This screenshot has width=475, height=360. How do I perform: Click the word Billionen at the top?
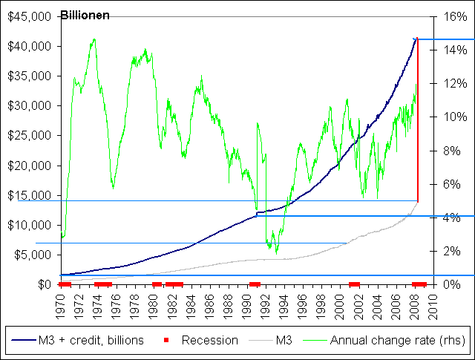tap(85, 16)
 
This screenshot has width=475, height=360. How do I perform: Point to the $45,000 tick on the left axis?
tap(27, 16)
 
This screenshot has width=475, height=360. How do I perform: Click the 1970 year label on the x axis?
tap(62, 306)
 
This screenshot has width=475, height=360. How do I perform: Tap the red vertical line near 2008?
tap(418, 119)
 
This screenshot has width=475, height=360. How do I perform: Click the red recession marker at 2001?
tap(354, 284)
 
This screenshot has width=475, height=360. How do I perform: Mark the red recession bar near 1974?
tap(102, 284)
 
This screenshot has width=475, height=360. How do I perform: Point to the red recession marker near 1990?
tap(255, 284)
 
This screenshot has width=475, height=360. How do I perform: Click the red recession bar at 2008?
tap(419, 284)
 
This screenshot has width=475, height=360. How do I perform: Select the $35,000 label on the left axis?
tap(27, 76)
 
